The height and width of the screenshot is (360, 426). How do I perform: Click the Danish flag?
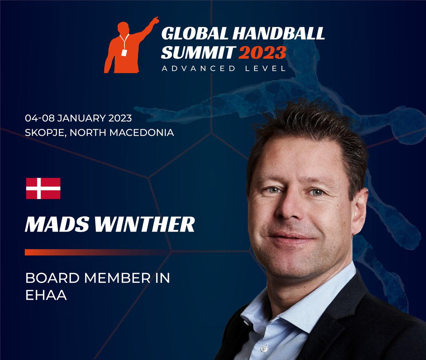click(x=43, y=188)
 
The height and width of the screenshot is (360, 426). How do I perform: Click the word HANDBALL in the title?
click(x=278, y=33)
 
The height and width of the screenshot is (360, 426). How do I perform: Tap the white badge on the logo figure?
click(x=124, y=52)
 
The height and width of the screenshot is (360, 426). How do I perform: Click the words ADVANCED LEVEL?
click(x=224, y=68)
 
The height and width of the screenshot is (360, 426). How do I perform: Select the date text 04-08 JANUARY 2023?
click(x=78, y=118)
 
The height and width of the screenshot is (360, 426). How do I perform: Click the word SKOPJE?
click(x=45, y=133)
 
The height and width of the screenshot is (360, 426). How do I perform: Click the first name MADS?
click(x=54, y=224)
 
